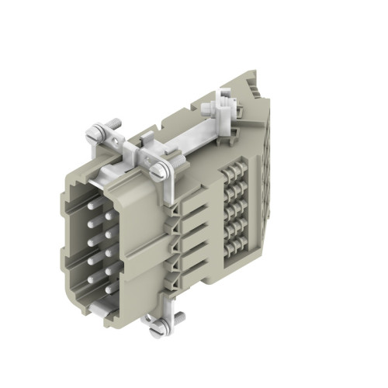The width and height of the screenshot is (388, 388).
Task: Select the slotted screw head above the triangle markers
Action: pos(161,172)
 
